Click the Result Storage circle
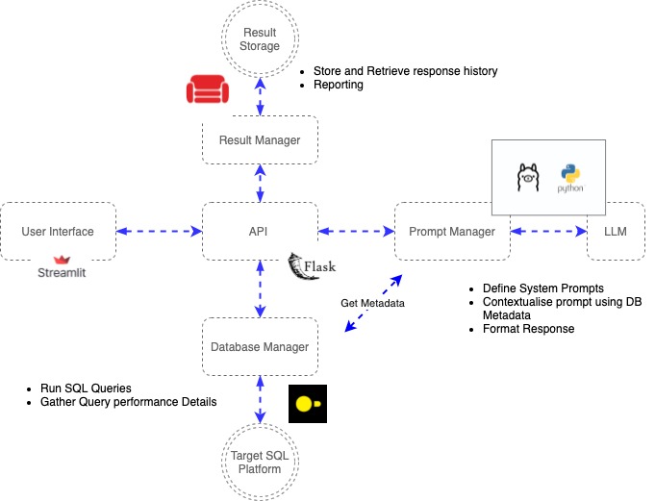[260, 39]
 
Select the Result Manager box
[260, 140]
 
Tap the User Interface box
[58, 231]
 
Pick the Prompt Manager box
[452, 231]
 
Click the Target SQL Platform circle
[260, 463]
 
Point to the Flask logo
[314, 267]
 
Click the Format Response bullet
[528, 329]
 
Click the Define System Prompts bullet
[543, 288]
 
